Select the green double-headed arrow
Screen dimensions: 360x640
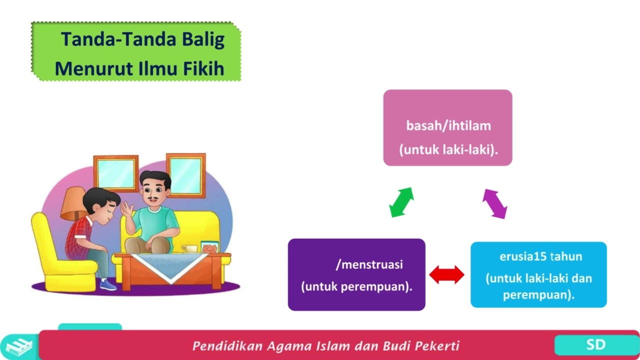click(401, 202)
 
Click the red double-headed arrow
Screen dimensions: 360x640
click(447, 275)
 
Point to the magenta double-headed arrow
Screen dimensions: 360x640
click(494, 203)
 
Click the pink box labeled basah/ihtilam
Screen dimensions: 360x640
click(447, 127)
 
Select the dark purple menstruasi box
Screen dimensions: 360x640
click(356, 274)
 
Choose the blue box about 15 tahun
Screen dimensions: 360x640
click(538, 274)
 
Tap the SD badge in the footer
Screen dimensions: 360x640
click(595, 344)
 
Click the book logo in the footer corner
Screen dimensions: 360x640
click(18, 346)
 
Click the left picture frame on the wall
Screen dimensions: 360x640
click(115, 173)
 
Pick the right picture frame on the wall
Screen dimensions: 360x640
click(185, 175)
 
